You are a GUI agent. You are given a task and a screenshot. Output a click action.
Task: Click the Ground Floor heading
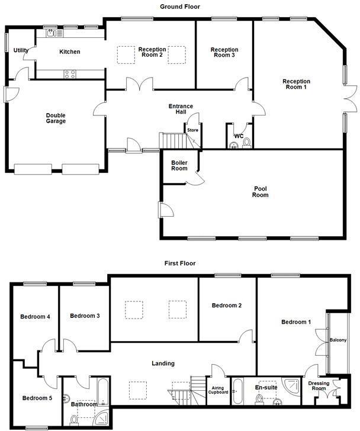[x=180, y=7]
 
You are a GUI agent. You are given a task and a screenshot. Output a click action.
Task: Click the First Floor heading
[x=180, y=263]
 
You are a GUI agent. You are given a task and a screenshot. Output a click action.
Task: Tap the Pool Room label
[x=261, y=191]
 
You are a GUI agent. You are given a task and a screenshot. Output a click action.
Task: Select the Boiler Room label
[x=179, y=165]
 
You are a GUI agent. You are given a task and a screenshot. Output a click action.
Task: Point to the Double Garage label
[x=56, y=118]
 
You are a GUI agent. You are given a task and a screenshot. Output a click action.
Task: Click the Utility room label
[x=21, y=51]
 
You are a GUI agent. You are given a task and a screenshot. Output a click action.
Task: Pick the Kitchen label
[x=69, y=52]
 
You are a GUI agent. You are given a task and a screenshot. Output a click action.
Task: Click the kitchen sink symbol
[x=52, y=33]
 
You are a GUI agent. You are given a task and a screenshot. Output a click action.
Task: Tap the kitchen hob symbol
[x=69, y=74]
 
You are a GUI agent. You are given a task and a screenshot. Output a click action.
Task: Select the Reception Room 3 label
[x=224, y=53]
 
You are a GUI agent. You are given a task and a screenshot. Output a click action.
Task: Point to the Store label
[x=192, y=130]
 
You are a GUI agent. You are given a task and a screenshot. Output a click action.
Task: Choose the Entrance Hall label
[x=181, y=110]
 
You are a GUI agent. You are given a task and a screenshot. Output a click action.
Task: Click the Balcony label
[x=338, y=340]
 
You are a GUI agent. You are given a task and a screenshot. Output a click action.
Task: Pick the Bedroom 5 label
[x=37, y=398]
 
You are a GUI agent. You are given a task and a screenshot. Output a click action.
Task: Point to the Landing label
[x=162, y=364]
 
